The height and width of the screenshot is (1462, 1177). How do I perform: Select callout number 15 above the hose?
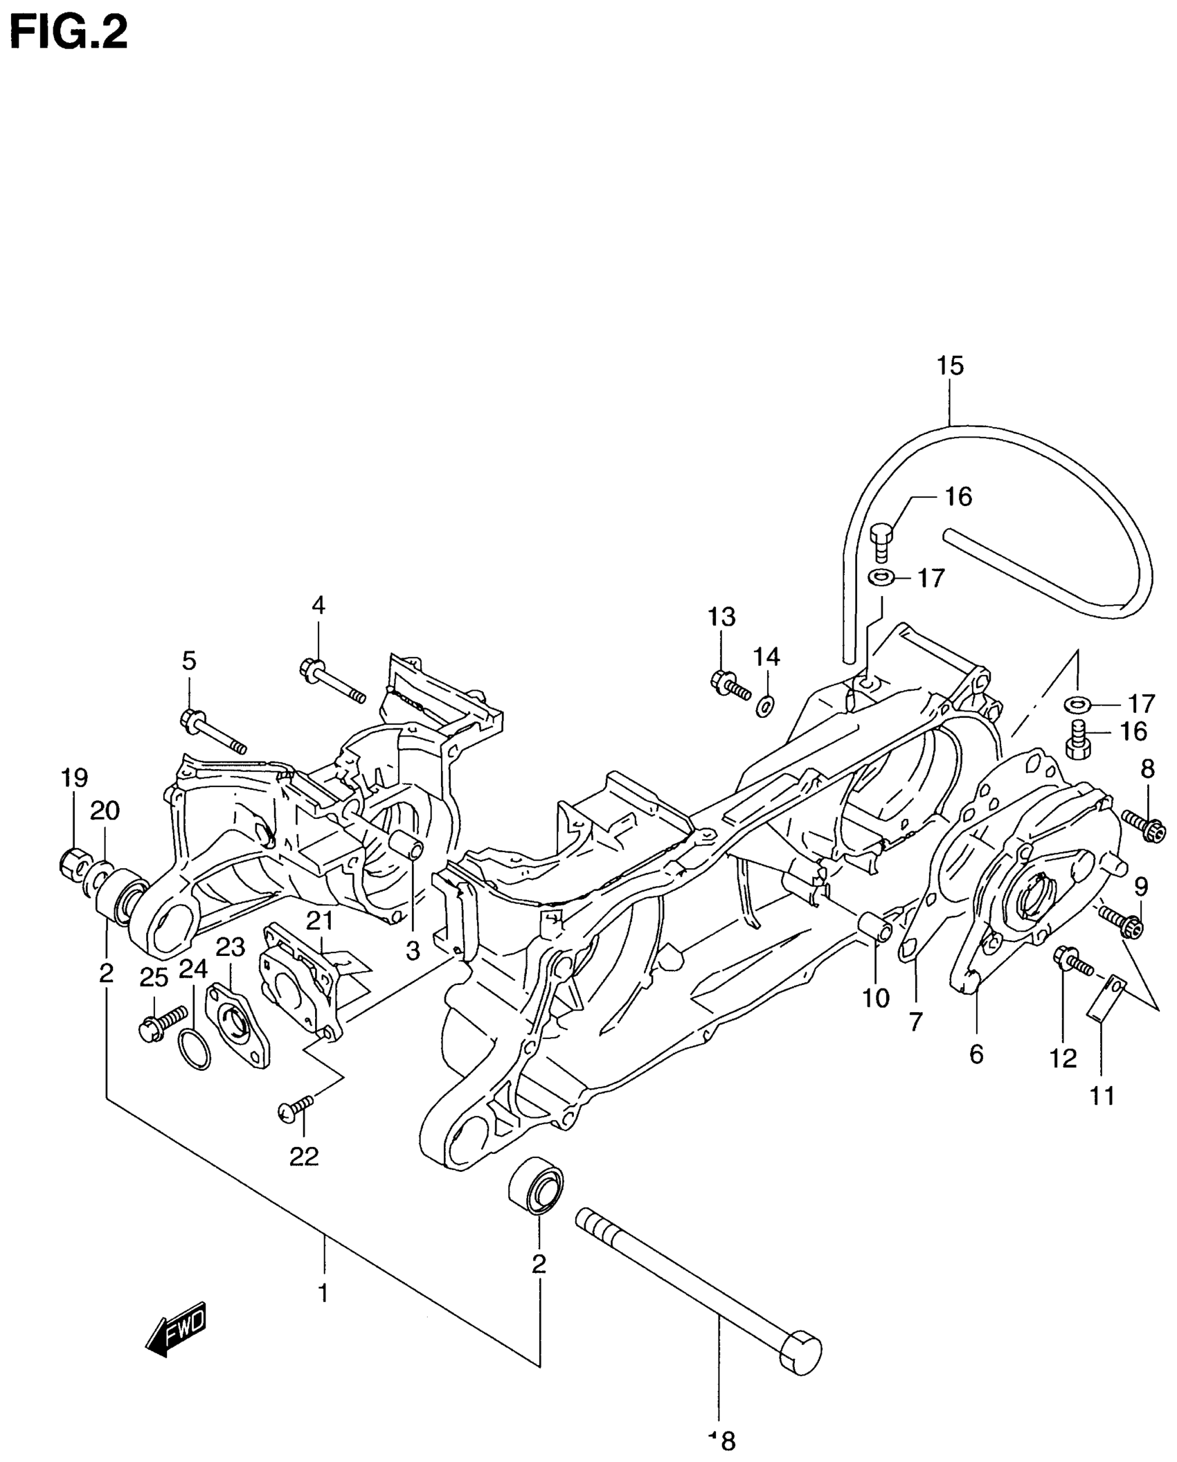[x=950, y=365]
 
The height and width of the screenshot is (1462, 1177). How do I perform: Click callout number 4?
[x=318, y=606]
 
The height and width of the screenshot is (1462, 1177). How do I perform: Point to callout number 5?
[x=189, y=661]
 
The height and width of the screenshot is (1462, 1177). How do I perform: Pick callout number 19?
[x=74, y=778]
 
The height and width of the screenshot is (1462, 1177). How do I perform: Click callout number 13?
[x=721, y=617]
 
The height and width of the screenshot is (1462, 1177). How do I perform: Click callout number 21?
[x=320, y=921]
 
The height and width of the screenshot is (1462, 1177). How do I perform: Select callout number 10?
[x=876, y=998]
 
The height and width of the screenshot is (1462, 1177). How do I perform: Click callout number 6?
[x=976, y=1054]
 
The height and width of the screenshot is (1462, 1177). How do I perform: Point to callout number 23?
[x=231, y=947]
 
